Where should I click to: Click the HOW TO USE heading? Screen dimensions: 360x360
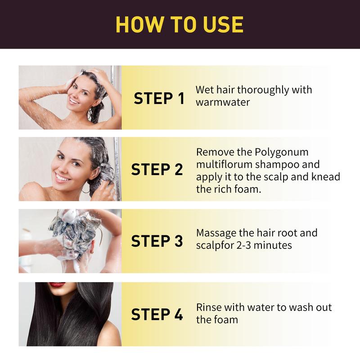[180, 24]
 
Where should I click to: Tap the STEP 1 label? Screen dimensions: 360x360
[159, 98]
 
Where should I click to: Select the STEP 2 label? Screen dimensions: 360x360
[157, 169]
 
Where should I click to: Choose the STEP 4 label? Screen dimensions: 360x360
[157, 314]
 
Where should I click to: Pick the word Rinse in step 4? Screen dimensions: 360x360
[208, 307]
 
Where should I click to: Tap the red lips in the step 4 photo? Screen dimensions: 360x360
[57, 285]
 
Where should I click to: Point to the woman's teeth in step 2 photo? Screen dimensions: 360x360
[63, 177]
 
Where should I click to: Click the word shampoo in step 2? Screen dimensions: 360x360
[275, 164]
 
